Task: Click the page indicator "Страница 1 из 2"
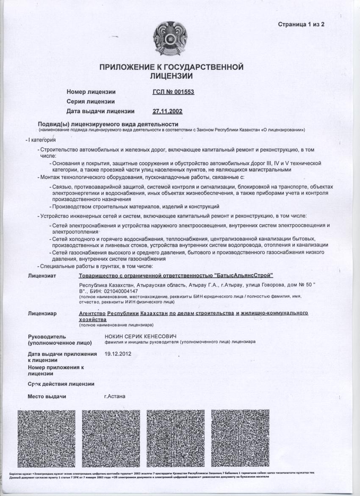301,24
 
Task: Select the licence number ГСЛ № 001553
173,92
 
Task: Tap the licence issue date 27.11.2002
167,111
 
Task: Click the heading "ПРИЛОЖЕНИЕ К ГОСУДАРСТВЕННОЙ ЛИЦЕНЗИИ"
172,72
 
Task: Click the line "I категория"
42,140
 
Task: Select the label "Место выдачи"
47,397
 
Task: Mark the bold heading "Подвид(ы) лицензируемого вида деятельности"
108,124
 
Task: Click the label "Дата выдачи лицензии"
101,111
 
